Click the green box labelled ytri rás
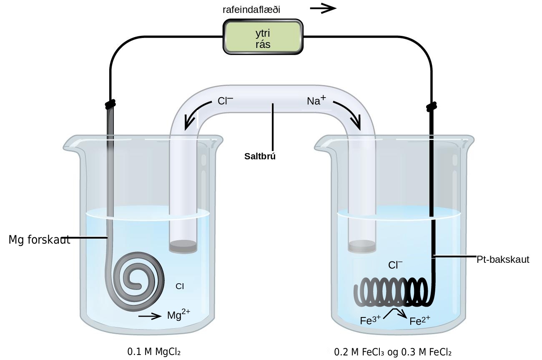263,37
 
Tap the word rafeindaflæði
251,10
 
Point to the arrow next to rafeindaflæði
323,8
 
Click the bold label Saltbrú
260,156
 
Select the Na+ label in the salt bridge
316,100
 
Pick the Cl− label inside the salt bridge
225,101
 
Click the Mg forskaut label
39,240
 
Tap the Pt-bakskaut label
503,259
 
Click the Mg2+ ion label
178,314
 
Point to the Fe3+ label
370,320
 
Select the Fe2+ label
420,320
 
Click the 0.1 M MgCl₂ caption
154,352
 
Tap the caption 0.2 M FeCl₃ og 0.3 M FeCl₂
393,352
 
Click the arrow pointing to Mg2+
150,316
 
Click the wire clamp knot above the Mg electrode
110,104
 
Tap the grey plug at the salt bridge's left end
183,247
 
